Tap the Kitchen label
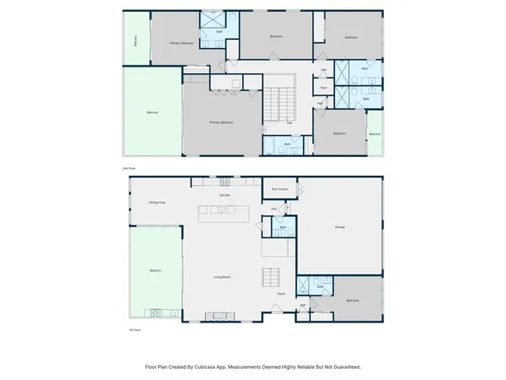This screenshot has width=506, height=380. pos(225,195)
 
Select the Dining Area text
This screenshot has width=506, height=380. pos(157,203)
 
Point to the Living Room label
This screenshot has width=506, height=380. pos(222,277)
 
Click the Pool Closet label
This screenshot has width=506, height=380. pos(279,189)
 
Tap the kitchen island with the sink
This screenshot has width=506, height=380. pos(222,211)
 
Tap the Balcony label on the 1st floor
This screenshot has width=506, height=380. pos(154,270)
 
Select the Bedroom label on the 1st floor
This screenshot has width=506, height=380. pos(352,301)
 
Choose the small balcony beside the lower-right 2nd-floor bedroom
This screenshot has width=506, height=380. pos(374,134)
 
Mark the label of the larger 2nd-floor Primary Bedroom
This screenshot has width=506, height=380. pos(222,122)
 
